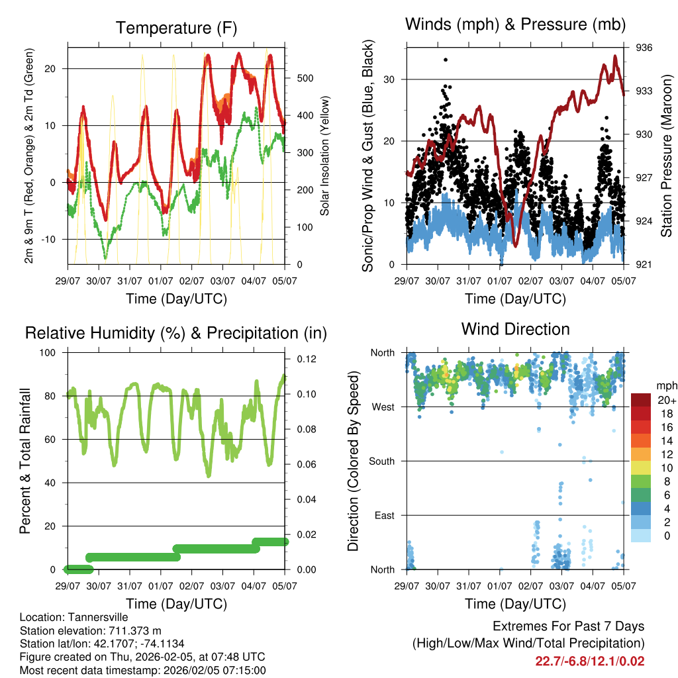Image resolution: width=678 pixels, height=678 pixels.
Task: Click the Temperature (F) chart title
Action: pos(176,28)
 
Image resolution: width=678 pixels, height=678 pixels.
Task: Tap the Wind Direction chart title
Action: pos(515,328)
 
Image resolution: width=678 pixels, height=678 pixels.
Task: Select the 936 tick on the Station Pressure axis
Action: pos(645,48)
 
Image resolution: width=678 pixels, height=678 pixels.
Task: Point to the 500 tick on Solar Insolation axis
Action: pos(304,78)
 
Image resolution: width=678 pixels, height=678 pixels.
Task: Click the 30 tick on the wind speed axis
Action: pos(395,79)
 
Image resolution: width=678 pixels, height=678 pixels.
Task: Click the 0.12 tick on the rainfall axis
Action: pos(302,359)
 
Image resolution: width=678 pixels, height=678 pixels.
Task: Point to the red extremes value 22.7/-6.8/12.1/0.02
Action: pos(590,661)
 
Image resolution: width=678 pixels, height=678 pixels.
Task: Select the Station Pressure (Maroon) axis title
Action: pos(666,156)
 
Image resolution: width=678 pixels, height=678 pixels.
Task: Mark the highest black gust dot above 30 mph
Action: pos(446,60)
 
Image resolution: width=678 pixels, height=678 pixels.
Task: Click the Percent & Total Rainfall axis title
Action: pos(24,461)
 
